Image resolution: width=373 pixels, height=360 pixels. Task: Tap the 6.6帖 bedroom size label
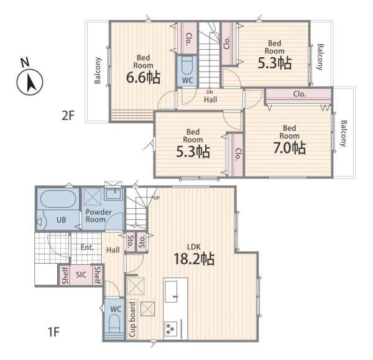(x=143, y=77)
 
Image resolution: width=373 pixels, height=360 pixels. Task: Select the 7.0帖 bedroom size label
(x=290, y=147)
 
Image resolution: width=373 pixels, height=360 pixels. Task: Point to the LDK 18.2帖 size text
(x=194, y=259)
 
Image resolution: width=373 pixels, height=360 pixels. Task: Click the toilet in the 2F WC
(x=187, y=66)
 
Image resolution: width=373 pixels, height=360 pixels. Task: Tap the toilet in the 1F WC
(x=114, y=323)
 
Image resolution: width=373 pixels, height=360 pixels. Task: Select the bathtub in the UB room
(x=58, y=199)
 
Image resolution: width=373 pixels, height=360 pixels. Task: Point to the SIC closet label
(x=81, y=275)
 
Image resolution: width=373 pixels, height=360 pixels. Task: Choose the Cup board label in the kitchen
(x=132, y=319)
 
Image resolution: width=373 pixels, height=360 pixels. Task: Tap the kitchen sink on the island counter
(x=171, y=292)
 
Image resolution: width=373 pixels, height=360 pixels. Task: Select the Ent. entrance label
(x=87, y=247)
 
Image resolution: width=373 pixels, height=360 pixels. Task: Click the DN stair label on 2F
(x=210, y=92)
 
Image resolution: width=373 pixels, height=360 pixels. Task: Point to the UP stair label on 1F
(x=157, y=198)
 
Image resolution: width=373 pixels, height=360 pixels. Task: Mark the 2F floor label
(x=68, y=116)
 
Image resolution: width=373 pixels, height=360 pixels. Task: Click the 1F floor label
(x=53, y=332)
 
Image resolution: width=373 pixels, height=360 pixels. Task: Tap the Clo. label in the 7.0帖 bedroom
(x=300, y=94)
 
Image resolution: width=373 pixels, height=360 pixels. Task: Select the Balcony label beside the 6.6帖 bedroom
(x=98, y=70)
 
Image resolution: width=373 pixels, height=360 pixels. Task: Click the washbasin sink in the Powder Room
(x=114, y=195)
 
